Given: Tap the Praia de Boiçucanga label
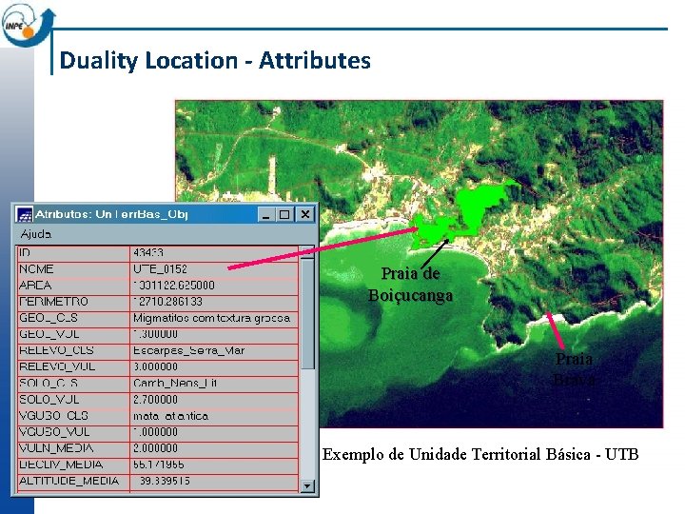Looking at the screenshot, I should pos(410,285).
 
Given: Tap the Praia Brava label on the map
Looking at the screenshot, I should pos(574,368).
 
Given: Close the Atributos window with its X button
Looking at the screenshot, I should pos(304,214).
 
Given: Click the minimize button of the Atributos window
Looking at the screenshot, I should pos(268,214).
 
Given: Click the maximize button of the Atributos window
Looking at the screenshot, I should pos(285,214).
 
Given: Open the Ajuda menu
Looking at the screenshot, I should pos(36,233).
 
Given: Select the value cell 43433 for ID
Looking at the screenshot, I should pos(148,253).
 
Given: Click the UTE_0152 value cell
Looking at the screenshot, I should pos(160,269).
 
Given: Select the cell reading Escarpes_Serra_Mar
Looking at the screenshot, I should pos(188,350).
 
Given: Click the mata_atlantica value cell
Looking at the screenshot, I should pos(171,416).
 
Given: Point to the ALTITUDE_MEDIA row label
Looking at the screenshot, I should pos(69,481).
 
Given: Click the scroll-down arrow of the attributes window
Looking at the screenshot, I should pos(307,485).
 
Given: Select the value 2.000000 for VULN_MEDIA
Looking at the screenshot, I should pos(155,448).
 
